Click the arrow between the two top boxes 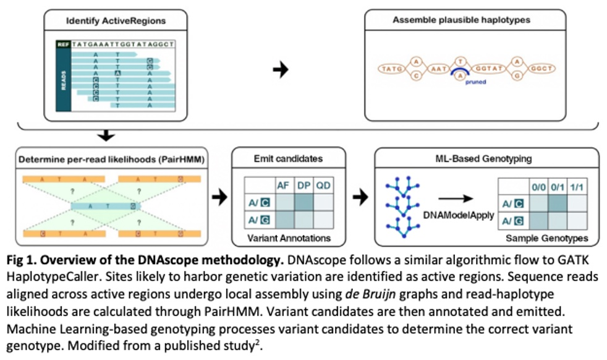[281, 69]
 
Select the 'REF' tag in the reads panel [62, 45]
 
